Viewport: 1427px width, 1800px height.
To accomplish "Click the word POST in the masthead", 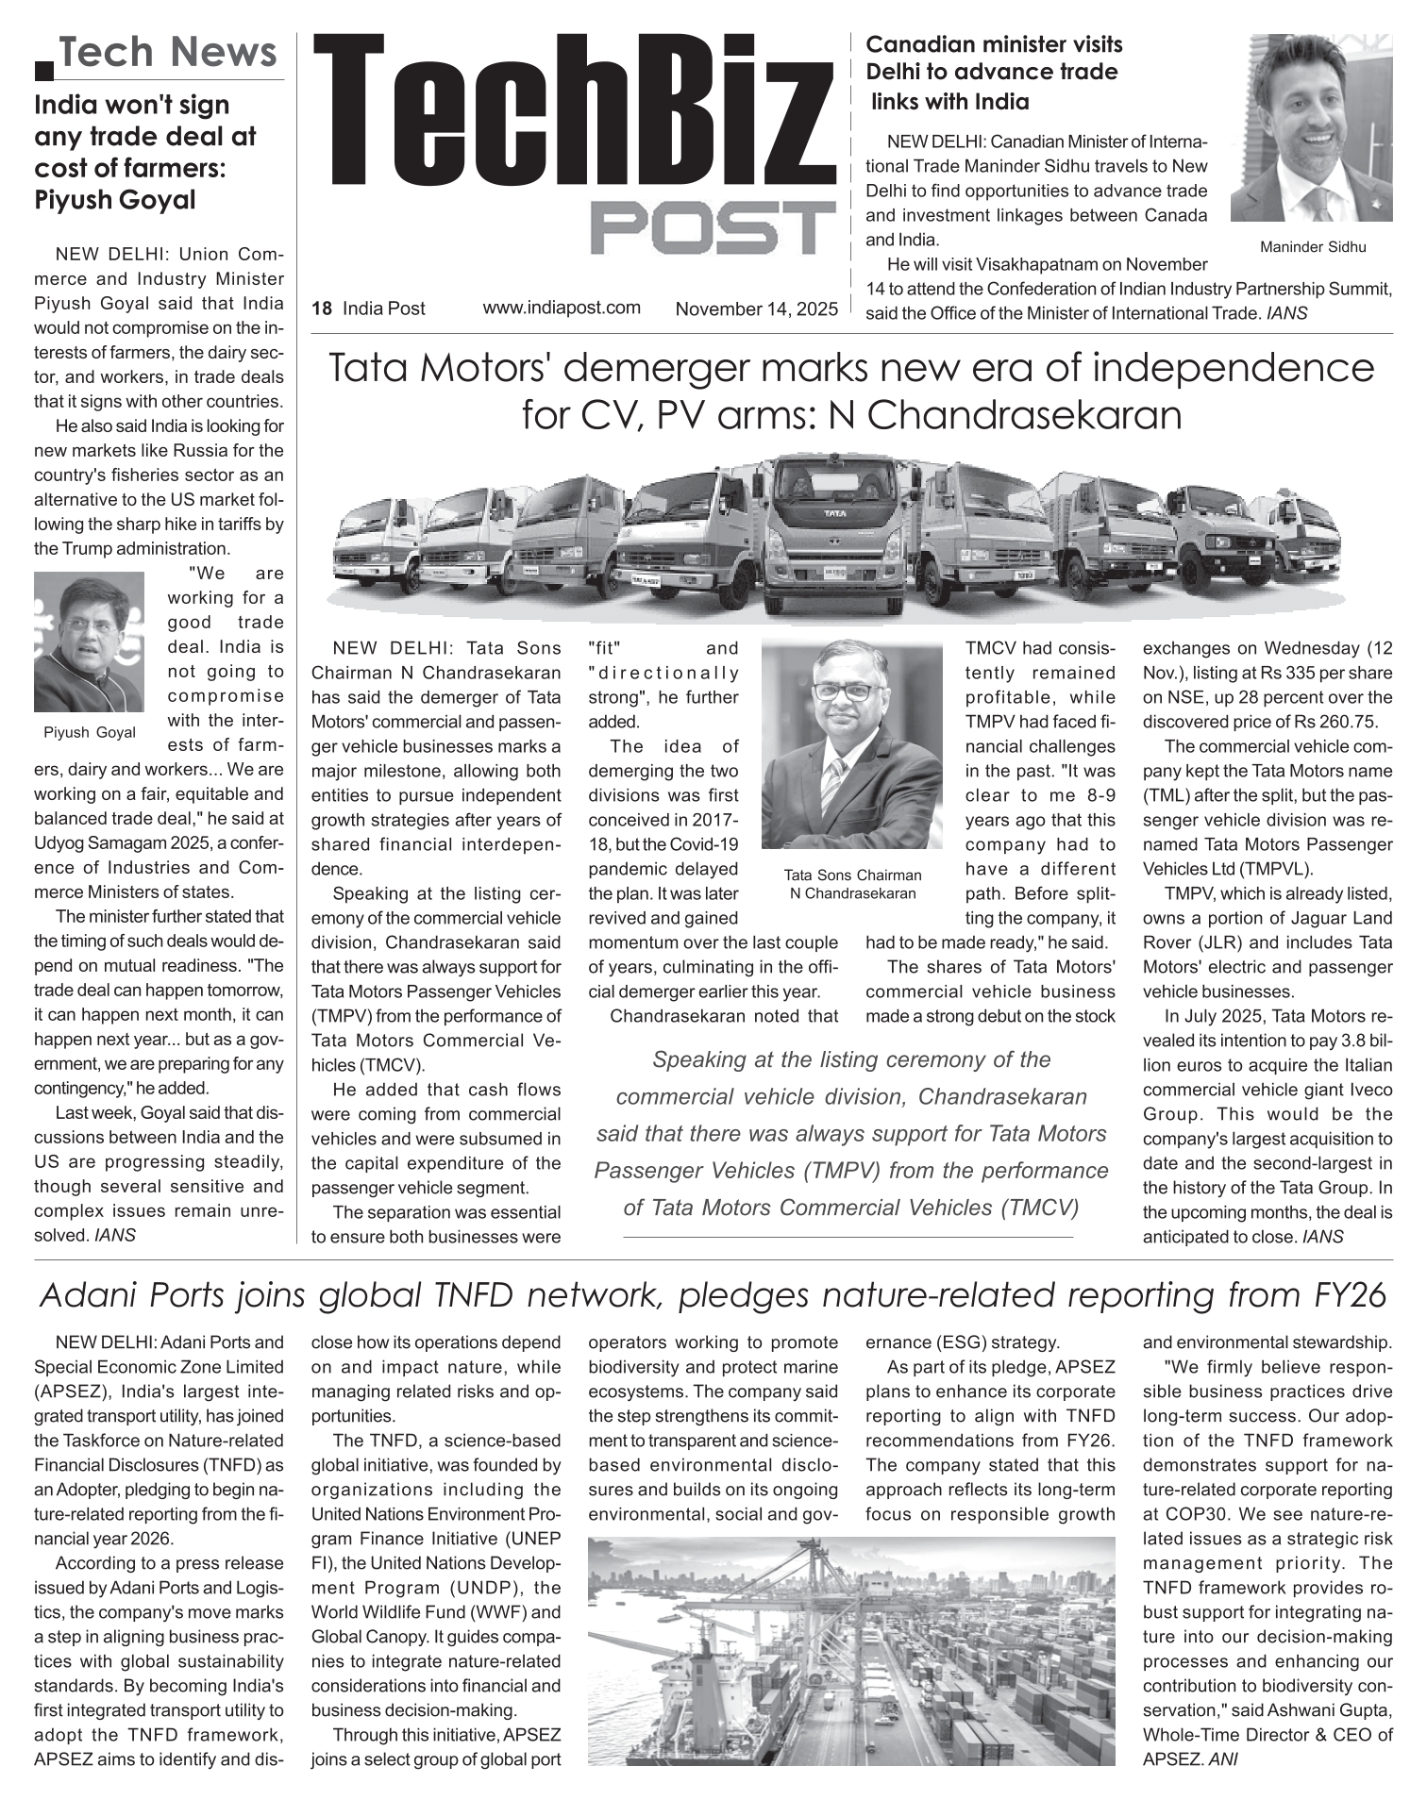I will coord(713,228).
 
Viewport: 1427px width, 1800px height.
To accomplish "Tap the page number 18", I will coord(322,308).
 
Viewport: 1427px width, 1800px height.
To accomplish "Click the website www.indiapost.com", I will coord(562,308).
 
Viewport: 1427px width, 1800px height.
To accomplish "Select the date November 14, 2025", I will coord(756,308).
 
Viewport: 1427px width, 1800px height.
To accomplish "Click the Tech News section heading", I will coord(169,52).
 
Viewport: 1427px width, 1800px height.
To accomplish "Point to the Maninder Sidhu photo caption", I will coord(1312,247).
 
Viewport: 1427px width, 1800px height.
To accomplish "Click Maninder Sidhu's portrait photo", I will coord(1311,128).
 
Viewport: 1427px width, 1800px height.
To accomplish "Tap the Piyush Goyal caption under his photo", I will coord(90,732).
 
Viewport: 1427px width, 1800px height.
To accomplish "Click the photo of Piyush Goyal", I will coord(89,642).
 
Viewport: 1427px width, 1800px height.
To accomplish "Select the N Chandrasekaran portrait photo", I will coord(852,743).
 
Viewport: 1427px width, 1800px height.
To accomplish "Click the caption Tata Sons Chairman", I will coord(852,875).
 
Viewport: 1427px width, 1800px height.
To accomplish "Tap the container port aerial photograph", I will coord(850,1651).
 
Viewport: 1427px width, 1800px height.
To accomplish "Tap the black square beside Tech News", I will coord(43,70).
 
